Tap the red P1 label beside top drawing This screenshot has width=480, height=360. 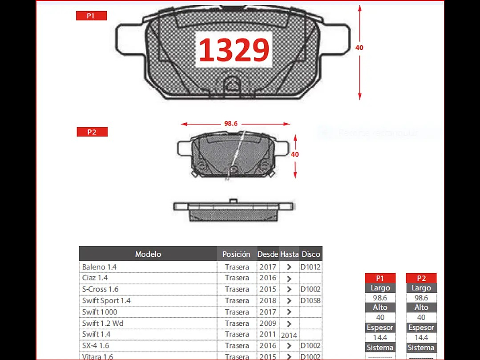click(x=91, y=16)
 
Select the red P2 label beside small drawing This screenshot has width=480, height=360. click(x=92, y=132)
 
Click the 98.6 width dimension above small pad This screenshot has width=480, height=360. click(x=230, y=124)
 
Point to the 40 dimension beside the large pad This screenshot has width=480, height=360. click(x=359, y=47)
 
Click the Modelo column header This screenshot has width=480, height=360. click(x=148, y=254)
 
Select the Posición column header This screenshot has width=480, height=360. click(x=236, y=254)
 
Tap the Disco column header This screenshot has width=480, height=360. click(x=311, y=254)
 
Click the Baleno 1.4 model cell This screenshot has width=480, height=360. click(x=99, y=267)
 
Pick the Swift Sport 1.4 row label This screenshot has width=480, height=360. click(x=106, y=300)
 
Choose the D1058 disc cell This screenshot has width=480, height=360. click(x=310, y=300)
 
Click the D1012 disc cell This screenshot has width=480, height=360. click(x=310, y=267)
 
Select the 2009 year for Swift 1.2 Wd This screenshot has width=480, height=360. click(x=268, y=323)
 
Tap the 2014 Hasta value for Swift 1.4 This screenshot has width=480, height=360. click(x=289, y=335)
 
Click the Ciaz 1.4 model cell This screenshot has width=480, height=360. click(x=95, y=278)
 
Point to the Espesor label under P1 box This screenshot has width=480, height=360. click(x=380, y=328)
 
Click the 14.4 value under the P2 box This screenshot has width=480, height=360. click(x=421, y=337)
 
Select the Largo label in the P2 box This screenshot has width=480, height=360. click(x=421, y=288)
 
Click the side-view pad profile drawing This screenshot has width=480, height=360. click(x=234, y=210)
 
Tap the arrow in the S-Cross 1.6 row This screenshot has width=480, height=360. click(x=289, y=289)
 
